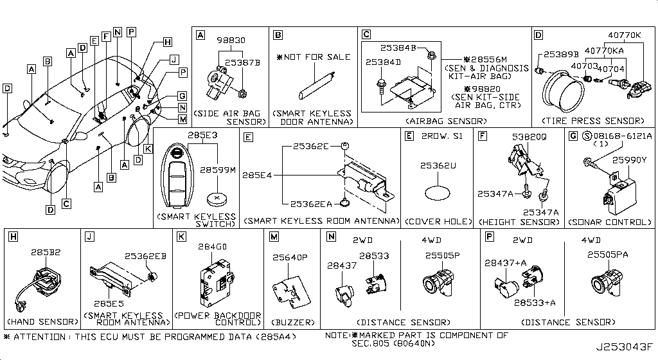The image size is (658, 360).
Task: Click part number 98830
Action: pos(229,40)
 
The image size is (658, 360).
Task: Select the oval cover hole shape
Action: pos(436,194)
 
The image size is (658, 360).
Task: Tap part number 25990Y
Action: pos(627,159)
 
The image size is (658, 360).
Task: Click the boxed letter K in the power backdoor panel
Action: pos(182,237)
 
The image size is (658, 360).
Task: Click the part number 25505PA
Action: pos(607,255)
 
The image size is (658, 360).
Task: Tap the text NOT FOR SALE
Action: pos(317,57)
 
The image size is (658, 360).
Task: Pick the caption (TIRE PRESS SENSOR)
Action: pos(592,121)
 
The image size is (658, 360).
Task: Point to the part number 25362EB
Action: pos(145,256)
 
